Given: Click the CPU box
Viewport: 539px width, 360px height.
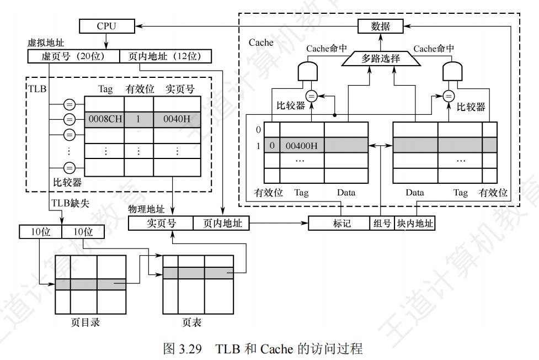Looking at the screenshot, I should (x=107, y=26).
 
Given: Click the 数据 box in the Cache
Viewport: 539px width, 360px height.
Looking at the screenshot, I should (x=380, y=26).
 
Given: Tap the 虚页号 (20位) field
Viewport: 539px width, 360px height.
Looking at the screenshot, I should (x=73, y=56).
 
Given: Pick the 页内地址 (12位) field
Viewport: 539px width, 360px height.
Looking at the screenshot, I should (x=166, y=56).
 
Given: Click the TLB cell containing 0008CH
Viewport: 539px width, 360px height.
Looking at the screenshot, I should (x=104, y=120).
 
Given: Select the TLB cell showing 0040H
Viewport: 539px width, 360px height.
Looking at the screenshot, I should (x=177, y=120).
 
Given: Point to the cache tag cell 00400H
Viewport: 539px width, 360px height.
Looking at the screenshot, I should (x=302, y=145).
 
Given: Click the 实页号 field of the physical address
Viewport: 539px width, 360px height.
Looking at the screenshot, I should (x=161, y=223).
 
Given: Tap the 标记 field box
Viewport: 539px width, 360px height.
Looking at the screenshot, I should (x=338, y=223).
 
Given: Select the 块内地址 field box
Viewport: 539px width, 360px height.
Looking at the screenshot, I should (x=414, y=223).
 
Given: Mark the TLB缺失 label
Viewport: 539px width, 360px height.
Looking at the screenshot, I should (x=70, y=203).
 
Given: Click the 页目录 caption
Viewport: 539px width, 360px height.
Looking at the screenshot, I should (x=86, y=322).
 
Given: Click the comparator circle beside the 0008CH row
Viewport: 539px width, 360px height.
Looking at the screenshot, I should (x=70, y=120).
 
